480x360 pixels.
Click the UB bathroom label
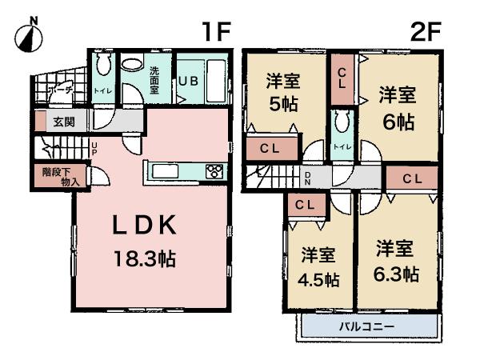pyautogui.click(x=189, y=81)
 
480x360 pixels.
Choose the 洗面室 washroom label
pyautogui.click(x=153, y=80)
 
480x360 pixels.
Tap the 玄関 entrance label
pyautogui.click(x=64, y=122)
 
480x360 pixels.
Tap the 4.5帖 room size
pyautogui.click(x=319, y=281)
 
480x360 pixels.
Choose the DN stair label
pyautogui.click(x=307, y=179)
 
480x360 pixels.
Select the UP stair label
pyautogui.click(x=94, y=148)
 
